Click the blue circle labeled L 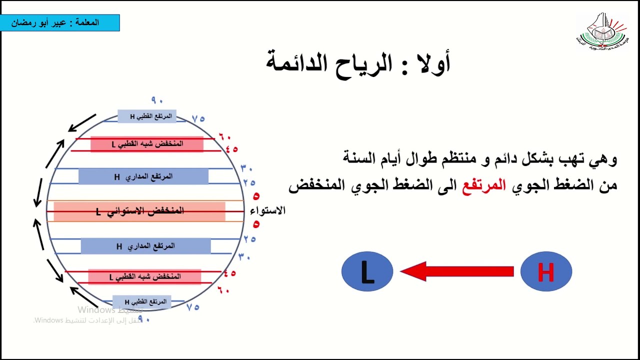[367, 271]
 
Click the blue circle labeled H [546, 271]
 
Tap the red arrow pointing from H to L [457, 271]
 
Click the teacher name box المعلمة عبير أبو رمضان [60, 23]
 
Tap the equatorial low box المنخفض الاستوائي [139, 211]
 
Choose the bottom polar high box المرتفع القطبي [142, 302]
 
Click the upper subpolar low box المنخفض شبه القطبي [147, 144]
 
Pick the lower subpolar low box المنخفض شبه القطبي [144, 276]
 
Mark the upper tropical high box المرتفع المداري [143, 176]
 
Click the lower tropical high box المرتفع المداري [145, 246]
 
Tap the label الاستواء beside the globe [267, 210]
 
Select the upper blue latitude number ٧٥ [198, 119]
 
